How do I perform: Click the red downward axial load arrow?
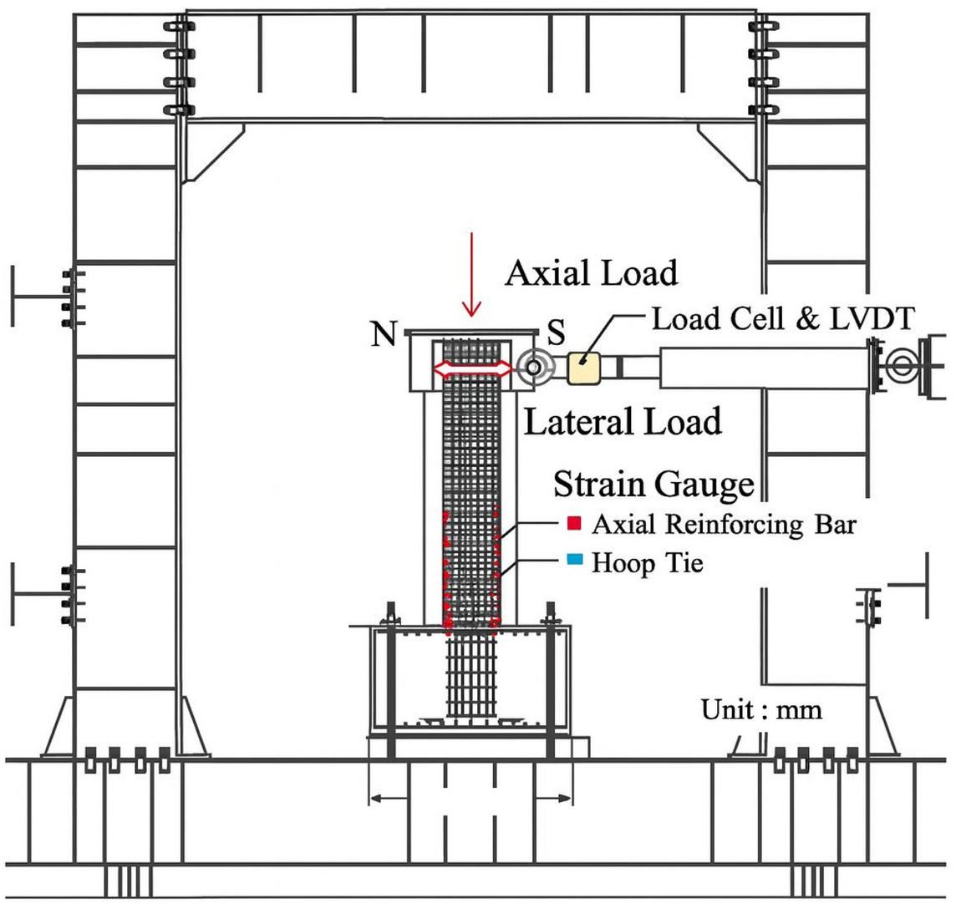472,276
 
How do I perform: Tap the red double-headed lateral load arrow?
471,369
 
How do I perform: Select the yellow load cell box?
583,368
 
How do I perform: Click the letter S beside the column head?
557,333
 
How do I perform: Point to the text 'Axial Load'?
591,272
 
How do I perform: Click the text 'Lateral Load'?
622,422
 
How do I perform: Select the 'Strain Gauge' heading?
653,483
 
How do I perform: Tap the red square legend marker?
574,525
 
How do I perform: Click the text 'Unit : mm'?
761,710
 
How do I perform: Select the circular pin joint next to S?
532,368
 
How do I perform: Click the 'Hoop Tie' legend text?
648,562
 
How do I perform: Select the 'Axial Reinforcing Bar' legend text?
724,525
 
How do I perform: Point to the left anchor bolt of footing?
389,685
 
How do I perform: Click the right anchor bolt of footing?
551,685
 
